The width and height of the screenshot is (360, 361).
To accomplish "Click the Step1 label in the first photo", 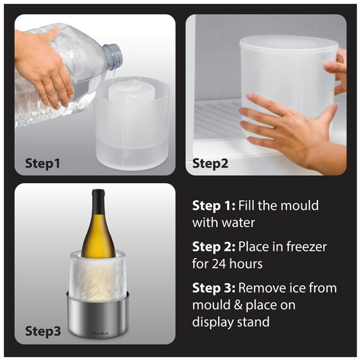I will click(43, 163).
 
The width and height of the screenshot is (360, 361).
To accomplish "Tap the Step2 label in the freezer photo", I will click(211, 163).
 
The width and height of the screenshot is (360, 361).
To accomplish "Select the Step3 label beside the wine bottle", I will click(43, 331).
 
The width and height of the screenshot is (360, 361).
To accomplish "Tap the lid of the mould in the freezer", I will click(288, 45).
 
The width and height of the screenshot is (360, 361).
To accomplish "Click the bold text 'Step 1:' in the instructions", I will click(213, 206).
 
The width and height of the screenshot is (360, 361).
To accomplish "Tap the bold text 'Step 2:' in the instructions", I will click(213, 247).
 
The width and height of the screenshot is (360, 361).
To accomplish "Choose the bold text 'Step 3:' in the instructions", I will click(213, 289).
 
